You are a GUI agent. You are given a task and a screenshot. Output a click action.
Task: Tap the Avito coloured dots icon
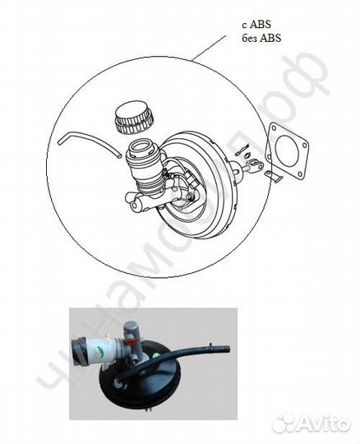284,423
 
